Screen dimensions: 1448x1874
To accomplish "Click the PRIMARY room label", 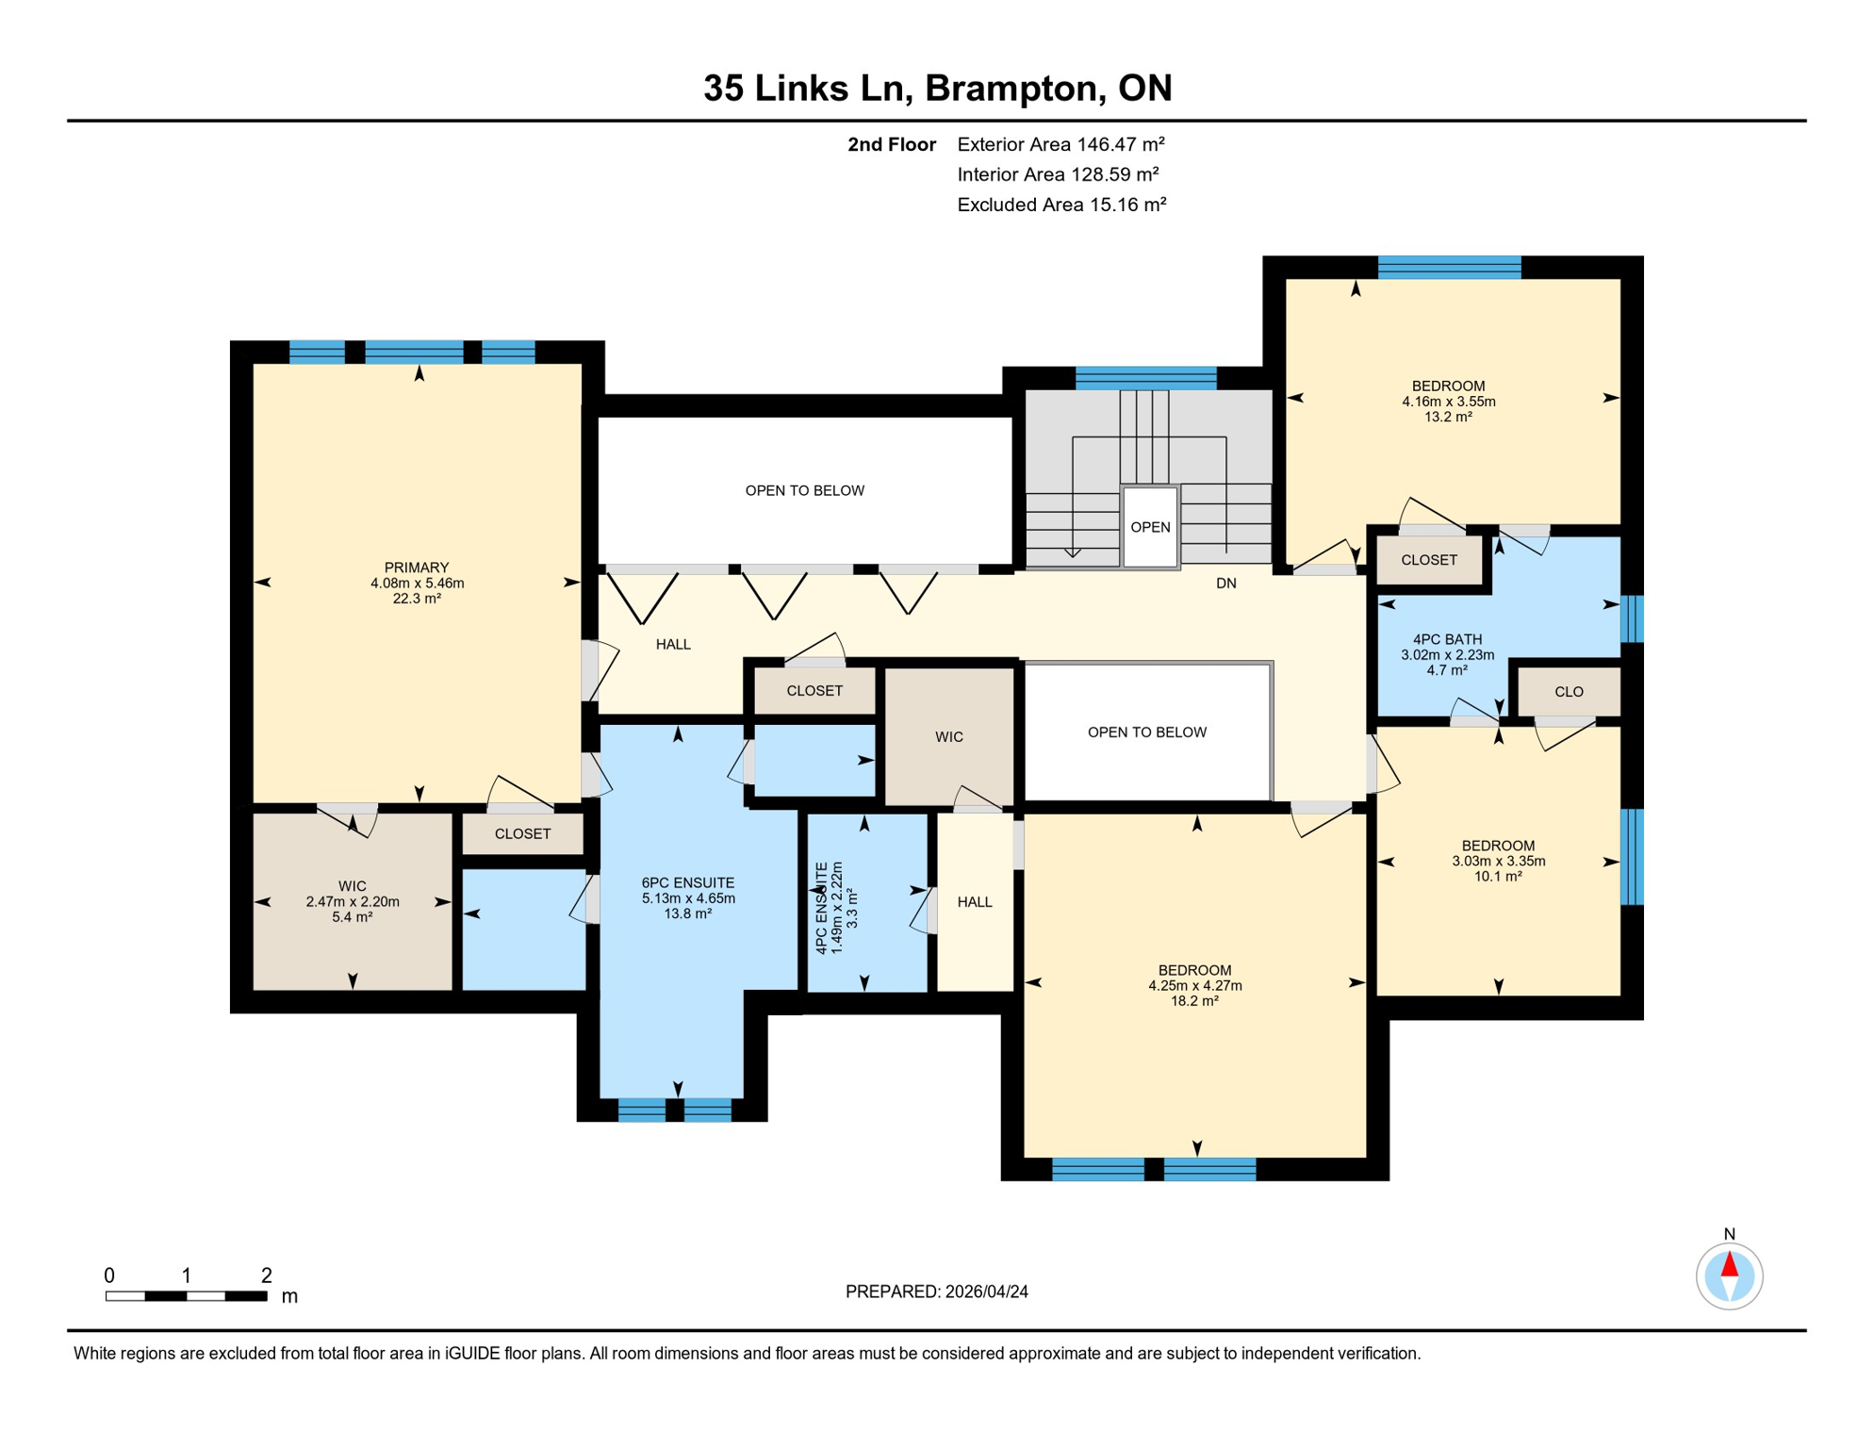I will coord(416,568).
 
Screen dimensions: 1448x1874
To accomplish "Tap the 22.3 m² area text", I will coord(416,599).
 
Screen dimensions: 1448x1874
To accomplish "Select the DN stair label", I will coord(1225,584).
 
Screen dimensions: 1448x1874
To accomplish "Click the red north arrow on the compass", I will coord(1729,1265).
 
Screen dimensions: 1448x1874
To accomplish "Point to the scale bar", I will coord(187,1296).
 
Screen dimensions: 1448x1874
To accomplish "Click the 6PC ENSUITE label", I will coord(687,883).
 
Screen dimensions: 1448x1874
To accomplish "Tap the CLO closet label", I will coord(1569,692).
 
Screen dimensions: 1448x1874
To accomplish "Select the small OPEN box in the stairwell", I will coord(1150,527).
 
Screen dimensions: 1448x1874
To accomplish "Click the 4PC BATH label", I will coord(1447,639).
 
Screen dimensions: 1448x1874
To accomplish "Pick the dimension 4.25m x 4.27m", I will coord(1194,986).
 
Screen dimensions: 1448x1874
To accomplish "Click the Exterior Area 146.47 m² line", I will coord(1060,144).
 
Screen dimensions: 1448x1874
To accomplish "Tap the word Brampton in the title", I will coord(1014,88).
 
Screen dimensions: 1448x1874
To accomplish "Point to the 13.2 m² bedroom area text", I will coord(1448,417).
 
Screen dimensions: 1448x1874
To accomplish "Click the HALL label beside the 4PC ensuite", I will coord(975,902).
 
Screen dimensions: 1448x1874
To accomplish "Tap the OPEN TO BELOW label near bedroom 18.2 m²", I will coord(1146,732).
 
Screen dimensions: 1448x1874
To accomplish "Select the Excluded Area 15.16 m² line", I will coord(1061,205).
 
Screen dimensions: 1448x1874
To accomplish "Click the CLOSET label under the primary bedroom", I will coord(522,834).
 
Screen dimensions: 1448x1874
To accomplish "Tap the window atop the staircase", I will coord(1145,378).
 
